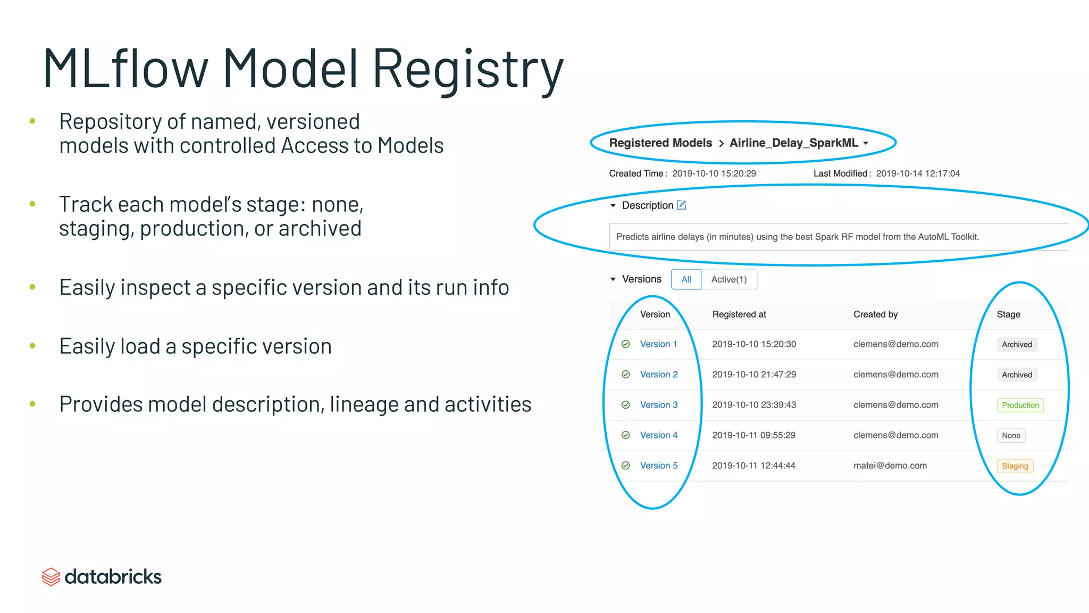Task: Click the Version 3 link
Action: click(658, 405)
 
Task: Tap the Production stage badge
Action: click(1020, 405)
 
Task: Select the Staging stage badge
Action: click(1015, 466)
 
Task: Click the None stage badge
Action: click(1011, 436)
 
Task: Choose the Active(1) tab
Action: click(728, 279)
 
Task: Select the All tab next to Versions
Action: click(686, 279)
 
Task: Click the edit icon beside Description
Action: click(682, 205)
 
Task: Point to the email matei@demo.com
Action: click(890, 466)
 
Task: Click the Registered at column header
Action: click(739, 314)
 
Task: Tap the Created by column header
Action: click(875, 314)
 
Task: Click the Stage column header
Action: click(1008, 314)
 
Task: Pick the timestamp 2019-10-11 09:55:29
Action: click(753, 435)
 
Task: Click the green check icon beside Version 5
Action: click(626, 466)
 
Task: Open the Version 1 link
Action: click(658, 344)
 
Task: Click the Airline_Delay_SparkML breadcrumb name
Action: click(793, 143)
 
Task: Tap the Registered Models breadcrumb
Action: click(660, 143)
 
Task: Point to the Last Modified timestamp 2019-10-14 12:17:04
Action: click(918, 173)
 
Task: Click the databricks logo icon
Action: click(51, 577)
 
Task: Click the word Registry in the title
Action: click(467, 69)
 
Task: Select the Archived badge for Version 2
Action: click(1017, 375)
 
